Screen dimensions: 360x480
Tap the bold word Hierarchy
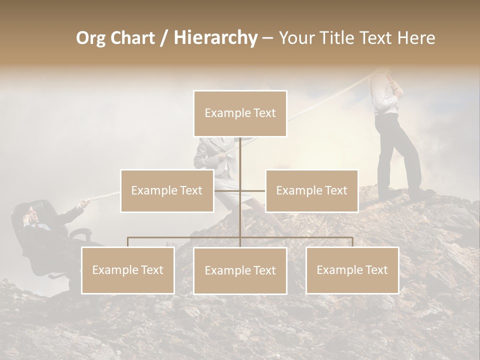[215, 38]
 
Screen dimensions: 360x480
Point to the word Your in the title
[295, 38]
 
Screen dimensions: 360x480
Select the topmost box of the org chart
[240, 113]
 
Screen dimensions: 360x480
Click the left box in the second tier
[167, 191]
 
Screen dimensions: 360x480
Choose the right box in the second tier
[311, 191]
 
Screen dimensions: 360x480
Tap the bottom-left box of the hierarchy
[128, 270]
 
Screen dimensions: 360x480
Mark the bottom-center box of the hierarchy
[240, 271]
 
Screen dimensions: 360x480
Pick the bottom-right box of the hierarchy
[352, 270]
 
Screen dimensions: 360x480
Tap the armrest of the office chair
[80, 233]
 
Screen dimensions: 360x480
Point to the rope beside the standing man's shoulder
[365, 80]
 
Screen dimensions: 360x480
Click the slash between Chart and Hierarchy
[164, 38]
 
